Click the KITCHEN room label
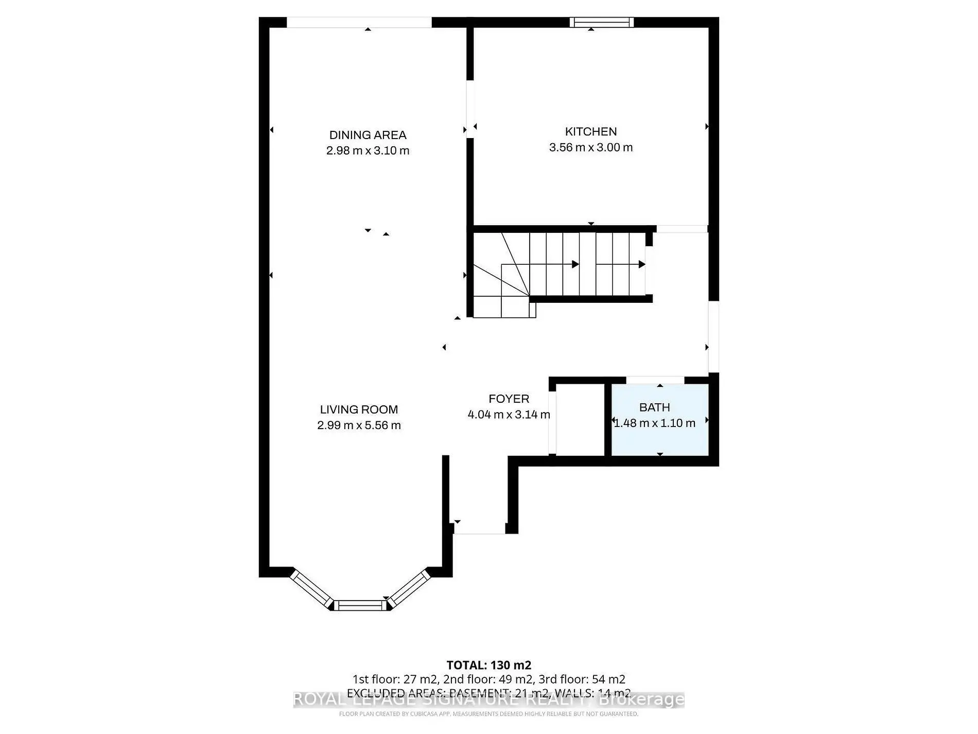coord(590,131)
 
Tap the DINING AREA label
coord(368,135)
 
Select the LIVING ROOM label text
coord(359,409)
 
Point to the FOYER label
coord(509,399)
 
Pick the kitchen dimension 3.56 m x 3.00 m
coord(590,147)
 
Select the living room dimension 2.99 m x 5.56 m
coord(359,425)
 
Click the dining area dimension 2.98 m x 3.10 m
coord(368,151)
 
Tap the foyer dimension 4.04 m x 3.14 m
coord(509,415)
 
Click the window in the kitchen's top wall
coord(601,22)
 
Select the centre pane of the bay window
coord(360,605)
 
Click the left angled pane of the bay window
coord(311,589)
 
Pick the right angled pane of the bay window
coord(409,588)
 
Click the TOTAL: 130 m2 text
coord(488,665)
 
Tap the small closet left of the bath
coord(580,419)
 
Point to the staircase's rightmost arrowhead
coord(642,264)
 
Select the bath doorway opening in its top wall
coord(655,380)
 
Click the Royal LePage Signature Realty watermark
coord(488,699)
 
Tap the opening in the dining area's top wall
coord(359,22)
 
